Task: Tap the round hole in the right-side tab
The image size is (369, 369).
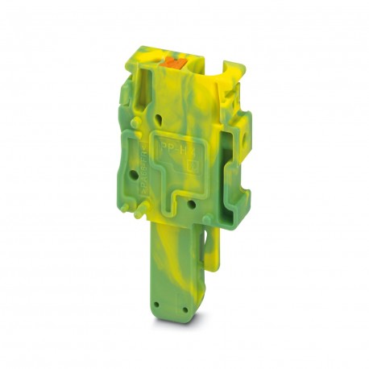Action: [235, 150]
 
